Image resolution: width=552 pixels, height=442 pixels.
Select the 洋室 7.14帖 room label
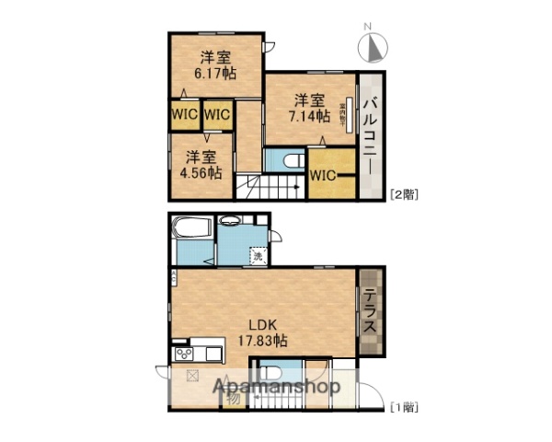pyautogui.click(x=308, y=109)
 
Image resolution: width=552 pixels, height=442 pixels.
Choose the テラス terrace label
pyautogui.click(x=368, y=313)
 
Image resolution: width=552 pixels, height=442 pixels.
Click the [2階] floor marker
pyautogui.click(x=404, y=193)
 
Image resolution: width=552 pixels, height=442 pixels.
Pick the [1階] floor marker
pyautogui.click(x=404, y=406)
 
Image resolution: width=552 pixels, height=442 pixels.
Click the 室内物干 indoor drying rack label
pyautogui.click(x=350, y=115)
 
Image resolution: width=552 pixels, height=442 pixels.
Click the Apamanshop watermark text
pyautogui.click(x=277, y=387)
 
